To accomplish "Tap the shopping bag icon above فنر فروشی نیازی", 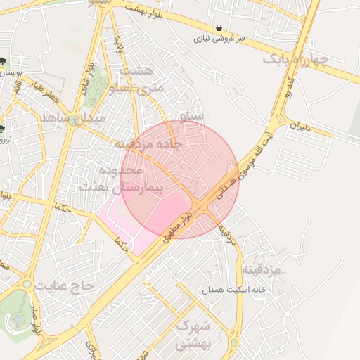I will [221, 28].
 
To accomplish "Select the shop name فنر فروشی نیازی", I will [221, 40].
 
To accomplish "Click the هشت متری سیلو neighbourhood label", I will [141, 79].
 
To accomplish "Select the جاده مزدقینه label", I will [148, 143].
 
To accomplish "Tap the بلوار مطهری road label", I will [176, 226].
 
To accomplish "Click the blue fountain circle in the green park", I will [17, 320].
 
